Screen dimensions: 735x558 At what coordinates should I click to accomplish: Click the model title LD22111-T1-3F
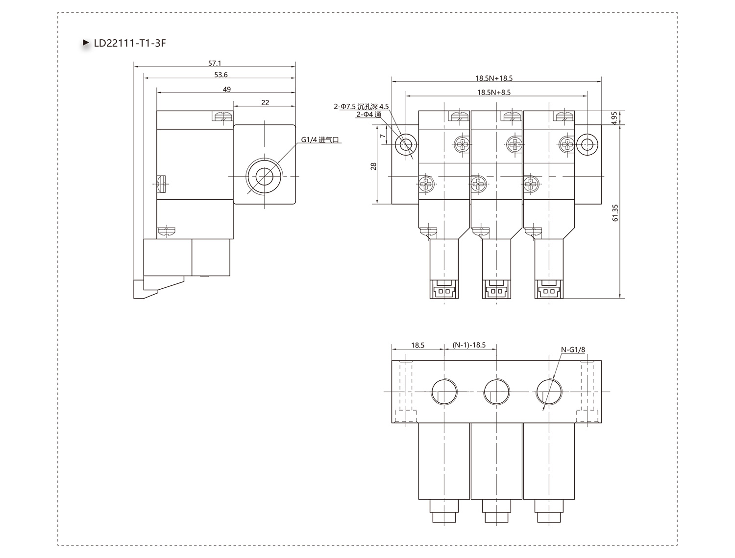click(x=129, y=43)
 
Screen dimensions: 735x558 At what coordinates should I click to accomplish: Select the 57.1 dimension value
click(x=215, y=63)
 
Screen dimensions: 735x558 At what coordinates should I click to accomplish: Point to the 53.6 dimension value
click(x=220, y=74)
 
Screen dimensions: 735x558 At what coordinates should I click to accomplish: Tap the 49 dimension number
click(x=227, y=89)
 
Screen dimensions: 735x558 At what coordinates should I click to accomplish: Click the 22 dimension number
click(x=265, y=103)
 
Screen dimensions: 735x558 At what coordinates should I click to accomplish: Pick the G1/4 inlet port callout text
click(x=320, y=140)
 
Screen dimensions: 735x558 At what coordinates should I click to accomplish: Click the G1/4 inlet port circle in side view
click(x=264, y=176)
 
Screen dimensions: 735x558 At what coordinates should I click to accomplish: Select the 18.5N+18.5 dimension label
click(x=494, y=78)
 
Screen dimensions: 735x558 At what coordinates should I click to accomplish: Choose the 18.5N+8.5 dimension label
click(x=494, y=93)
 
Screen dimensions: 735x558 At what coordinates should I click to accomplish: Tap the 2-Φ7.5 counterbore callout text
click(x=361, y=107)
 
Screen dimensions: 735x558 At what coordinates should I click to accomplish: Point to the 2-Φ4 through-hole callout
click(x=368, y=115)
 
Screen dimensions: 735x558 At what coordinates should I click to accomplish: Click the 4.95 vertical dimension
click(x=614, y=117)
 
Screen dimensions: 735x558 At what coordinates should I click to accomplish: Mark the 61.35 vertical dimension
click(x=615, y=213)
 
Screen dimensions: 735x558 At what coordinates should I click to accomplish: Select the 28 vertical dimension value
click(x=373, y=166)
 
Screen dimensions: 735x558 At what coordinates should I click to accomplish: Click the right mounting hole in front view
click(x=587, y=145)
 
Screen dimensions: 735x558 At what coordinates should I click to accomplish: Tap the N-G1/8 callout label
click(x=573, y=349)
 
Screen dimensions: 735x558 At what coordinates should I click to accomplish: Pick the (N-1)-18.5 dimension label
click(x=469, y=345)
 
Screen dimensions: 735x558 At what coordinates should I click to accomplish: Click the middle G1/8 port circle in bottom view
click(x=496, y=392)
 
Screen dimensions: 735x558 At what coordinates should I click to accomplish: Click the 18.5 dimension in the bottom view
click(x=417, y=345)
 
